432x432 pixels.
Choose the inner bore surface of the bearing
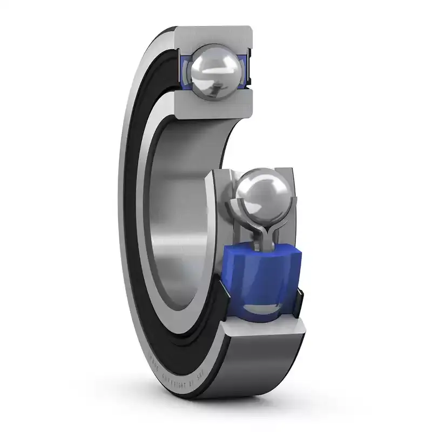pos(178,216)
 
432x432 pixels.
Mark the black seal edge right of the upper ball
pos(250,65)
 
